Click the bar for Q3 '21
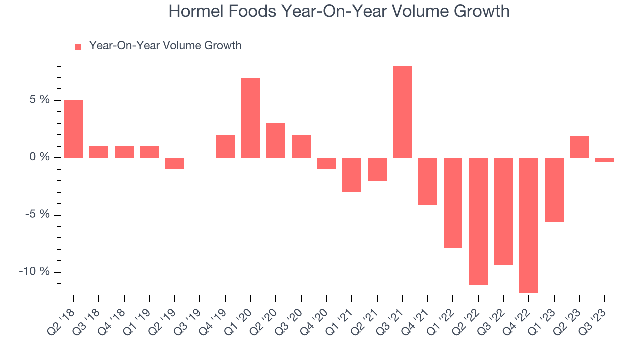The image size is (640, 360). (x=402, y=112)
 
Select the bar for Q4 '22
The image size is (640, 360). (x=528, y=225)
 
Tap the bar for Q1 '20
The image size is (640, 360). (x=250, y=118)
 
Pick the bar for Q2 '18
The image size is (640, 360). (x=73, y=129)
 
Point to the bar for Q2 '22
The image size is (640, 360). (x=478, y=221)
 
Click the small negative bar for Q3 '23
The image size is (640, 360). (x=604, y=160)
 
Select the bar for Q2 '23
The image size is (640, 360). (x=579, y=147)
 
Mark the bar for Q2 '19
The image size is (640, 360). (x=174, y=163)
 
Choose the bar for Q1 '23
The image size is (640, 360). (x=554, y=189)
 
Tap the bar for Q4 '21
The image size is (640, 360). (x=427, y=181)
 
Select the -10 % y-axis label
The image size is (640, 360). (x=34, y=272)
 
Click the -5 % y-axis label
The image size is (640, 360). (x=37, y=214)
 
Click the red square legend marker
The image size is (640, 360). (x=77, y=46)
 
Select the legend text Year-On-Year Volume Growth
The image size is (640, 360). (x=165, y=46)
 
